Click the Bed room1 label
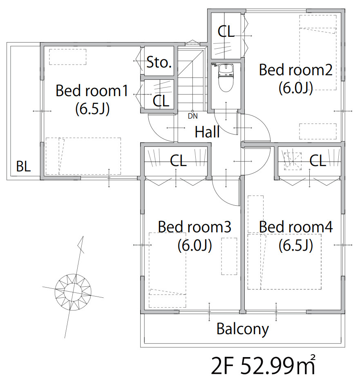(x=92, y=91)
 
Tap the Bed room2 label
(x=295, y=70)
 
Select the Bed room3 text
(x=195, y=227)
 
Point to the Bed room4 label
(x=296, y=227)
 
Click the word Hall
(x=207, y=132)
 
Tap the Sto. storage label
(x=159, y=62)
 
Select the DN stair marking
(x=193, y=116)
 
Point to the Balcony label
(x=243, y=329)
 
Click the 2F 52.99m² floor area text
(x=263, y=366)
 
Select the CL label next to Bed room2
(x=226, y=31)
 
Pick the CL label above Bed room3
(x=178, y=160)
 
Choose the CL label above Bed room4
(x=318, y=160)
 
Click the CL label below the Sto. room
(x=161, y=101)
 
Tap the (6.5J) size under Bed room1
(x=92, y=109)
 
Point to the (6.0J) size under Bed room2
(x=295, y=88)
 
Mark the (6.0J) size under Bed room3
(x=195, y=245)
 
